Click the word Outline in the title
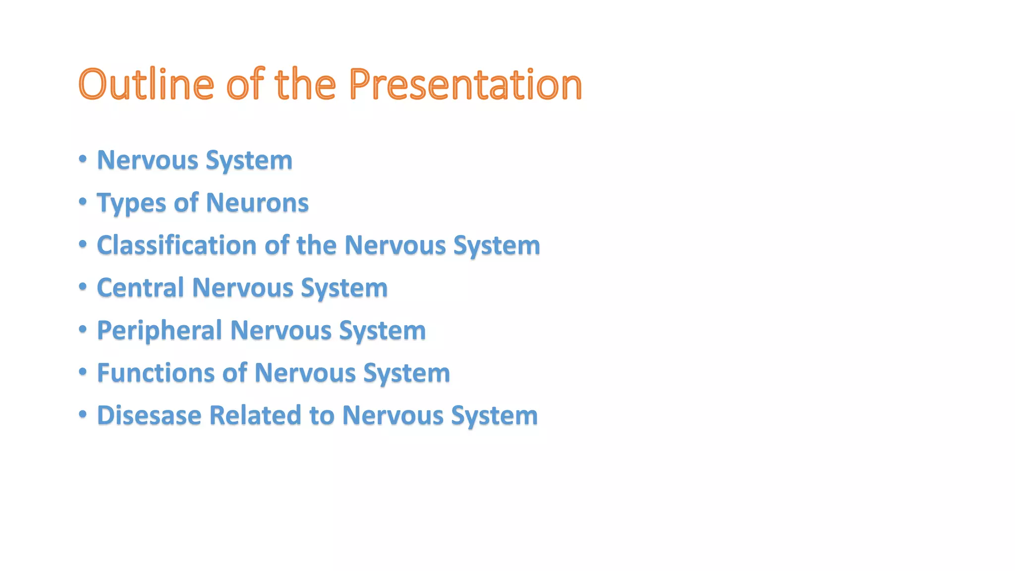[x=146, y=84]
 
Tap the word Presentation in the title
[x=465, y=84]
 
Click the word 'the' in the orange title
[x=305, y=84]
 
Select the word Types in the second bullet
[x=131, y=203]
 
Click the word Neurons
[x=257, y=203]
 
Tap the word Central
[x=140, y=288]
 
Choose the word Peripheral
[x=159, y=331]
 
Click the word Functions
[x=156, y=373]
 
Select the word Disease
[x=149, y=415]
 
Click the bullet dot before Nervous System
[x=83, y=159]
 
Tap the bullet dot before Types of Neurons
[x=83, y=202]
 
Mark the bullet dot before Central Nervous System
[x=83, y=286]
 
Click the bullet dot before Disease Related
[x=83, y=414]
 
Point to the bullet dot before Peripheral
[x=83, y=329]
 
